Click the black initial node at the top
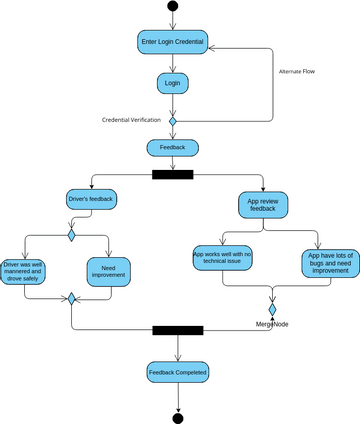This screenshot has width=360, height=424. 173,7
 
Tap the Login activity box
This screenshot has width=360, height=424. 173,84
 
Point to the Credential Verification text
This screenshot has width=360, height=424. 134,120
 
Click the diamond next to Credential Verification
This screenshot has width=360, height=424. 173,120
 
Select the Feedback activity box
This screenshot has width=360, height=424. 173,147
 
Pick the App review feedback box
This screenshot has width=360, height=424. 263,205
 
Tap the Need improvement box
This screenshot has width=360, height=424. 109,270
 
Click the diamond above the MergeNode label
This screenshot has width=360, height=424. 271,310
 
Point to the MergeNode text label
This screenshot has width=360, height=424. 272,325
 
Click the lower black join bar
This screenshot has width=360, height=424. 177,329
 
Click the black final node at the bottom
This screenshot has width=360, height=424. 179,415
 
